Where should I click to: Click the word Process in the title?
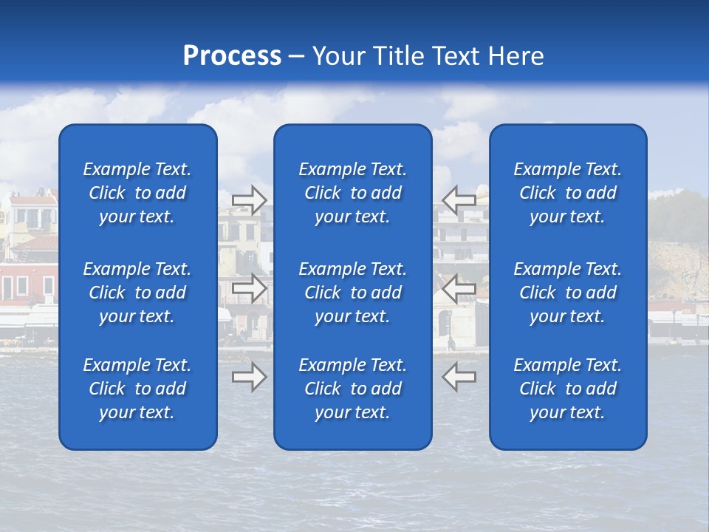pos(232,55)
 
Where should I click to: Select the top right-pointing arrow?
pos(250,199)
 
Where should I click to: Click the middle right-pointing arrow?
pos(250,287)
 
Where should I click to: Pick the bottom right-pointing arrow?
pos(250,376)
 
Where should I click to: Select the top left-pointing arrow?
pos(459,199)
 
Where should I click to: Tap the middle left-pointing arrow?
pos(459,287)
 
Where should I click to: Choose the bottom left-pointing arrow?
pos(459,376)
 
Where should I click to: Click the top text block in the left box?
pos(137,193)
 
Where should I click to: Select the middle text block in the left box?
pos(137,293)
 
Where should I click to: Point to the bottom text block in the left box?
pos(137,389)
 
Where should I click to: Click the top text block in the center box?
pos(352,193)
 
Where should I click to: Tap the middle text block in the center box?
pos(352,293)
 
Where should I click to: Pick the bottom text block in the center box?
pos(352,389)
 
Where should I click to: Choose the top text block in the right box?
pos(567,193)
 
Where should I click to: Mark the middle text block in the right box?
pos(567,293)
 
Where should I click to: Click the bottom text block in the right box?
pos(567,389)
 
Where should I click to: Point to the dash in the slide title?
pos(297,57)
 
